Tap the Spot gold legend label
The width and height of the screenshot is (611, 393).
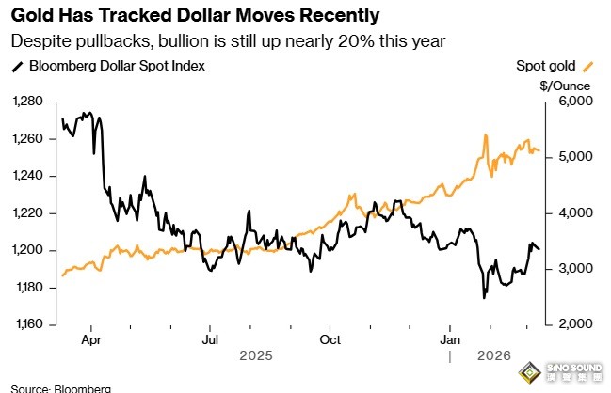[x=548, y=66]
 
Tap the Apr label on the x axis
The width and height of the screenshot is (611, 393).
[x=91, y=339]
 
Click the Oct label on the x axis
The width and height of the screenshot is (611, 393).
[x=330, y=339]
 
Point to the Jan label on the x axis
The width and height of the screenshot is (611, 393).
[x=451, y=339]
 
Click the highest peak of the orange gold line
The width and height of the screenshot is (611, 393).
[x=485, y=134]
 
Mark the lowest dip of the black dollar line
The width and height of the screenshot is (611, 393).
[x=484, y=298]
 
